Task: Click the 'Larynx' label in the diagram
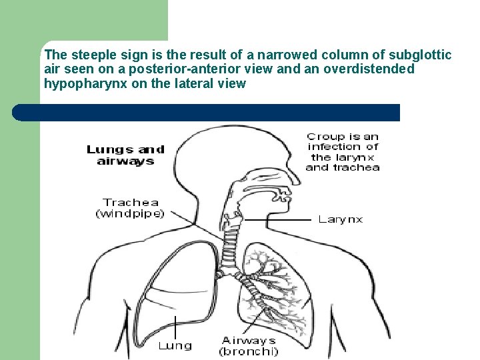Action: [x=340, y=219]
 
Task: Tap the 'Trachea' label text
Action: [x=131, y=202]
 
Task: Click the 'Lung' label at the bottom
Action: [x=175, y=345]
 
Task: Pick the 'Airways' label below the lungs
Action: [x=249, y=340]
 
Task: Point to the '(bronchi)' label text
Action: [x=250, y=351]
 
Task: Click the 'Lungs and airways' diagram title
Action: [x=125, y=155]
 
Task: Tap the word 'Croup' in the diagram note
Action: [x=324, y=137]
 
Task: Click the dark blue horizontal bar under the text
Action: [x=207, y=113]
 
